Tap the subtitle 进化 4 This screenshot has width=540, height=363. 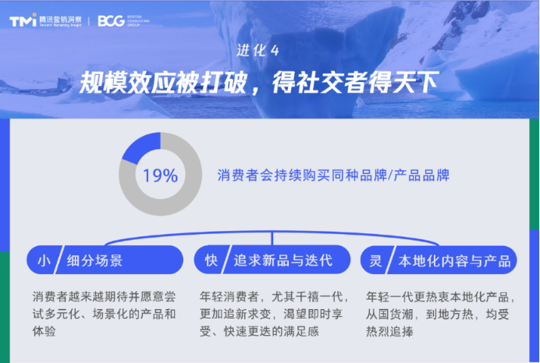coord(258,51)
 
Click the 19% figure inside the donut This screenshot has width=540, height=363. coord(161,176)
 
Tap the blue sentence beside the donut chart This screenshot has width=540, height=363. coord(333,176)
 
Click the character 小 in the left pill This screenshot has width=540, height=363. coord(44,261)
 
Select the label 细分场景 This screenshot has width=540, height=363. coord(94,261)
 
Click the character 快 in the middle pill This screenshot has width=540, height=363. coord(211,261)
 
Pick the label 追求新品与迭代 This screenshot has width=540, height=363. coord(283,261)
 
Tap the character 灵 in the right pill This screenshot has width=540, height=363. coord(375,261)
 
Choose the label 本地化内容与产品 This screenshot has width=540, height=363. coord(455,261)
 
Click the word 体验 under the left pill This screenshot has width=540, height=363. coord(44,331)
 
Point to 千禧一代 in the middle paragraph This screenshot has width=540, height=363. coord(307,297)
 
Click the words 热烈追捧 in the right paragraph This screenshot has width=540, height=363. coord(389,332)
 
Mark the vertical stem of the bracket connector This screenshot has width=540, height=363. coord(272,238)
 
